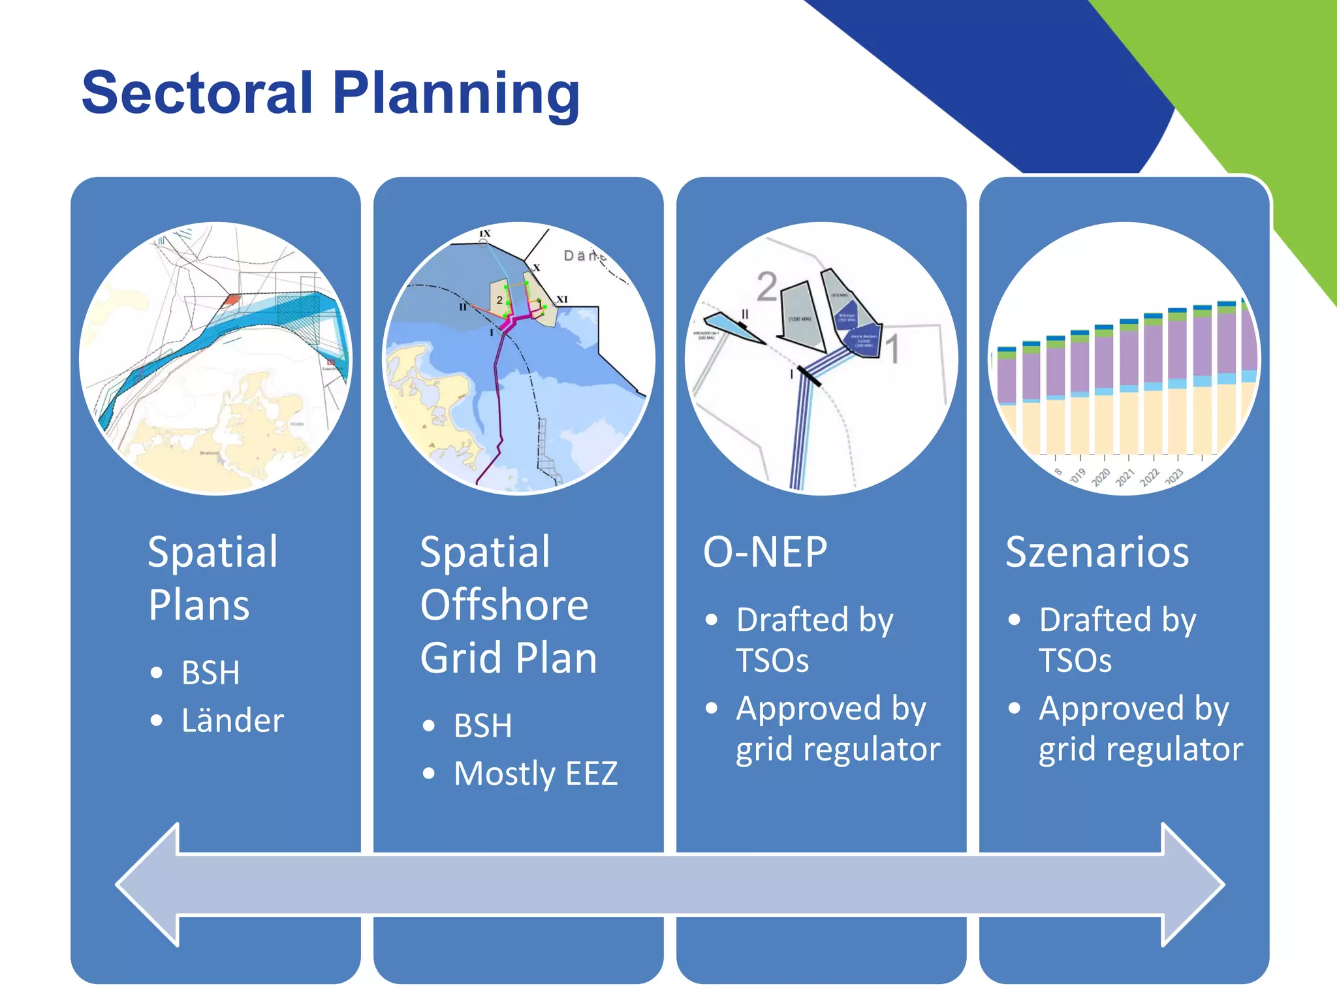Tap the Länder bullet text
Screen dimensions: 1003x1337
pos(232,721)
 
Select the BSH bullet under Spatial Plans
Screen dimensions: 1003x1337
pos(210,673)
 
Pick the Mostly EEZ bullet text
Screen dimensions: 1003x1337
pos(535,774)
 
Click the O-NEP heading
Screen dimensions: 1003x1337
pos(765,552)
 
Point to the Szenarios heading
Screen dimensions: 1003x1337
pos(1097,552)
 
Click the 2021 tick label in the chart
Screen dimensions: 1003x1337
pos(1125,478)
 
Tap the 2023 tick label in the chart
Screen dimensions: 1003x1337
pos(1174,476)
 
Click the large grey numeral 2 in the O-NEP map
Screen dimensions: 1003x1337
pos(767,286)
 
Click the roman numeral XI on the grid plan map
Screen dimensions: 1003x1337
pos(561,300)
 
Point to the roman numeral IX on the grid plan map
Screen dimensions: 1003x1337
pos(485,233)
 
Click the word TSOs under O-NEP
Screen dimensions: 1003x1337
pos(772,661)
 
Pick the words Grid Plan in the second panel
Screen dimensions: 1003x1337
pos(509,658)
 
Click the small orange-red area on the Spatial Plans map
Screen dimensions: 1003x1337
pos(232,299)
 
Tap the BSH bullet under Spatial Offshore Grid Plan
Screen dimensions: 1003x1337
pos(482,726)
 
